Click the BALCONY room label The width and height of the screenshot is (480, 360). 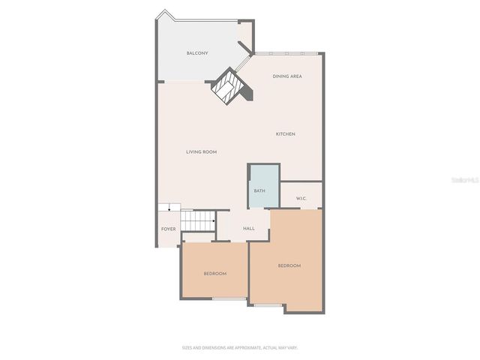197,53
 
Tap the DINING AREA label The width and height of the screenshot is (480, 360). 287,76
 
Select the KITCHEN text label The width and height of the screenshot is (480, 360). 286,133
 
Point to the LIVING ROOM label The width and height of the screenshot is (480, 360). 202,152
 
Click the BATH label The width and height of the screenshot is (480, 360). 259,190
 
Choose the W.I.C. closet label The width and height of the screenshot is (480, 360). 301,199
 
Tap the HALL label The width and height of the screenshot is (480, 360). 249,229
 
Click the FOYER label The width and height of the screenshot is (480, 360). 168,229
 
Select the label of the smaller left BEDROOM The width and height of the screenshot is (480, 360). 215,273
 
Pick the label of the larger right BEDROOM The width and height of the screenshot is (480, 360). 289,265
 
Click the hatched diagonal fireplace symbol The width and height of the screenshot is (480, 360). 227,88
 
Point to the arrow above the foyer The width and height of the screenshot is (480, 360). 169,207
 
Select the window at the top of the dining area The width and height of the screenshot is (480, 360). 288,53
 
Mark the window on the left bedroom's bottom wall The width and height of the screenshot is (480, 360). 229,299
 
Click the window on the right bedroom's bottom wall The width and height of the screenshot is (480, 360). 268,305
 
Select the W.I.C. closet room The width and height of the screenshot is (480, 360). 301,193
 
